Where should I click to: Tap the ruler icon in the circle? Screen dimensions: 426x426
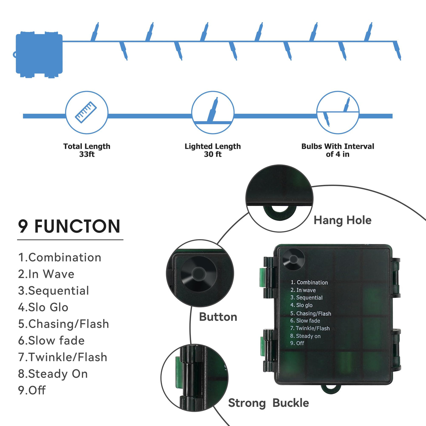pos(86,112)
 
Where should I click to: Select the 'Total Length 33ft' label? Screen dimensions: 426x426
pos(87,150)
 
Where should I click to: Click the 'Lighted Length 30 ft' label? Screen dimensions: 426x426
pos(213,150)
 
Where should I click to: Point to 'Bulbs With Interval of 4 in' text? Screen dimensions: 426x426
pos(337,150)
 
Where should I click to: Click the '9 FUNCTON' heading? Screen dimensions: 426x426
pos(69,226)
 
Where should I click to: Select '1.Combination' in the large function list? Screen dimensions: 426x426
pos(60,257)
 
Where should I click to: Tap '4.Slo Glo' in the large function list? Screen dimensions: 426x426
pos(43,307)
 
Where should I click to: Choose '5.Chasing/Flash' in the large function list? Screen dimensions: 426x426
pos(63,324)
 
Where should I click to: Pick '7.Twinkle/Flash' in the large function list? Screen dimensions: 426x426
pos(63,357)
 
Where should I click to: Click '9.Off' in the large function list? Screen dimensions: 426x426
pos(32,390)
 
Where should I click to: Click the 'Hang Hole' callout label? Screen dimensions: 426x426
pos(342,220)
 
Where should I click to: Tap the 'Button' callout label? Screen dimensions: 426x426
pos(218,317)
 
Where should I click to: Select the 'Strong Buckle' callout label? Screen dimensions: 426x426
pos(268,403)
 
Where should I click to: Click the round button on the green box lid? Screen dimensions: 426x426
pos(293,259)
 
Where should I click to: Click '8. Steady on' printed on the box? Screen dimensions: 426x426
pos(305,336)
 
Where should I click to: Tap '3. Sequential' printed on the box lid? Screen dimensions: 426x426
pos(306,298)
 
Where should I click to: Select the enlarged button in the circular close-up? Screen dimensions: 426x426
pos(199,273)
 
